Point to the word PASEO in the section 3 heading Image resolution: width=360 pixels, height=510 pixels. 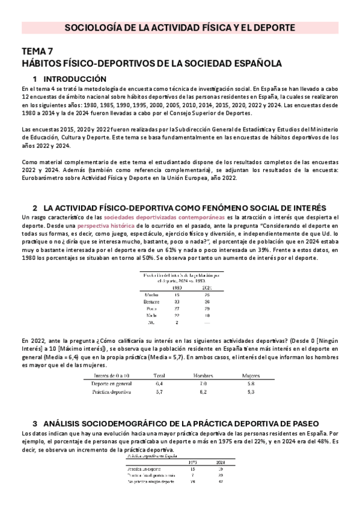[x=304, y=423]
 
